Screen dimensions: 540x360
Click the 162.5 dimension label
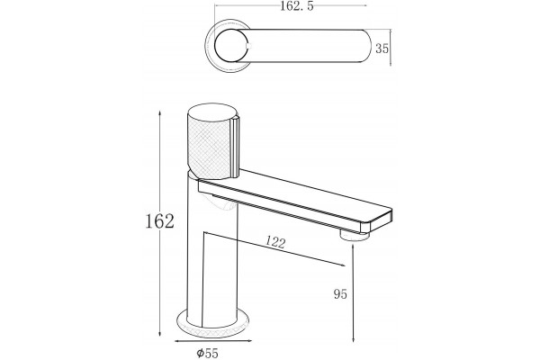click(x=297, y=6)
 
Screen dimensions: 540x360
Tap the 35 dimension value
click(x=382, y=49)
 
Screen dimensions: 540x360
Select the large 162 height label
click(x=159, y=221)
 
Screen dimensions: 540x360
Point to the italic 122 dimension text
click(x=275, y=242)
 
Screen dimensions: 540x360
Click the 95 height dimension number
click(x=340, y=294)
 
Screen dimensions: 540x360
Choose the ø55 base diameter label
click(x=207, y=353)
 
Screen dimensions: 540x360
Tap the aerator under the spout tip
click(x=355, y=236)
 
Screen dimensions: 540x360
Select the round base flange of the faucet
click(x=212, y=324)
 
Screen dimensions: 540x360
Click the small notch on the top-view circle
click(x=249, y=46)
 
